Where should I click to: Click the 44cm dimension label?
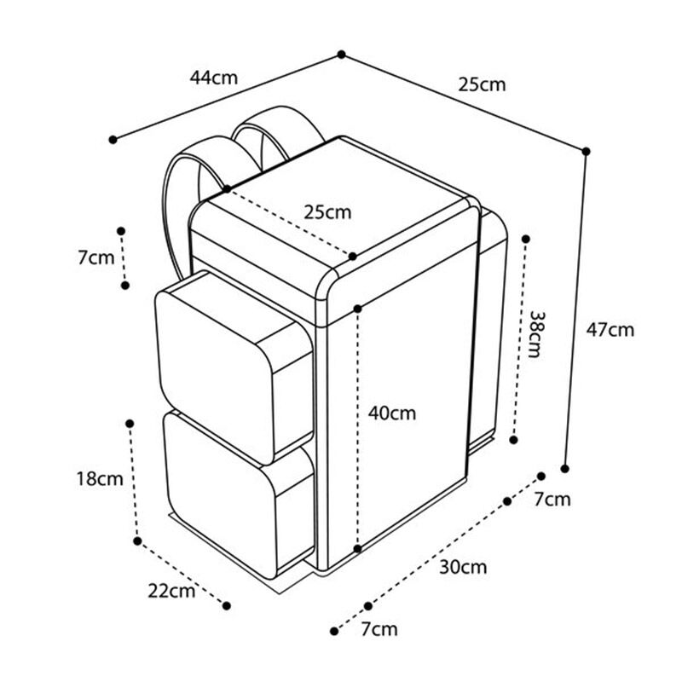214,78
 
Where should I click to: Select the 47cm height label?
610,330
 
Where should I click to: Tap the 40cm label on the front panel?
392,413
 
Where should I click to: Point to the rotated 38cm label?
535,333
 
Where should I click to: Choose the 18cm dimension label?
100,479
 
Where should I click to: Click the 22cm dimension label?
171,592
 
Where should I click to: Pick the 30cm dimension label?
463,567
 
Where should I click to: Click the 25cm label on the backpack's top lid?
327,212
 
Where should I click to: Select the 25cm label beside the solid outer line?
482,84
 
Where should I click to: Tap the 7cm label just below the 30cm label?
379,629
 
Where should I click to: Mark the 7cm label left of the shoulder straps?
96,258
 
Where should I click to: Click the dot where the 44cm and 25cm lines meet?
342,55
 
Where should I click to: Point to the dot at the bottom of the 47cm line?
565,468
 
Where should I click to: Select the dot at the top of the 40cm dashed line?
357,309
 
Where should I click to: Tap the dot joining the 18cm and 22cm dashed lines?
137,541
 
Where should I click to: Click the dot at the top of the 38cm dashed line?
525,239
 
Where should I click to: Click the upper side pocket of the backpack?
234,367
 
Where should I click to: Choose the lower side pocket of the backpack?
240,494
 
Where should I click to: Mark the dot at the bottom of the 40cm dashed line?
357,549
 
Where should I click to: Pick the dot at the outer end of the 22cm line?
226,605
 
